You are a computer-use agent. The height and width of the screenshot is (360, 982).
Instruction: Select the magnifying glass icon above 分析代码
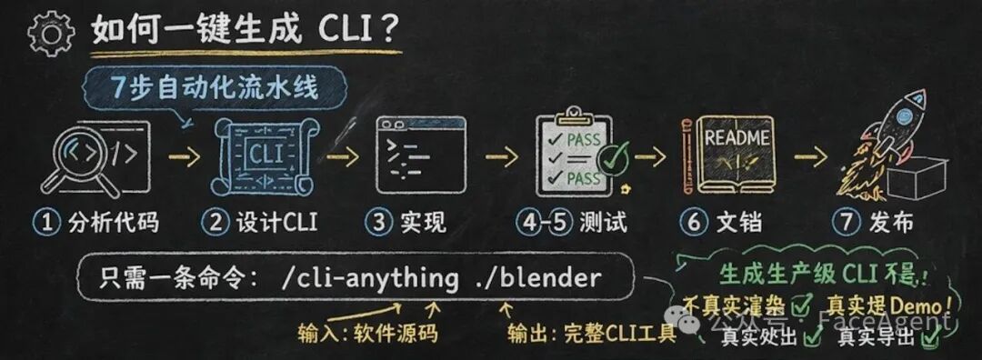(80, 157)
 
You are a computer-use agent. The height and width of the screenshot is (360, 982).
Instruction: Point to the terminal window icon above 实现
(419, 156)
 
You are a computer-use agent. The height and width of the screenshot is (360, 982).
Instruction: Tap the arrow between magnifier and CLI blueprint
(185, 156)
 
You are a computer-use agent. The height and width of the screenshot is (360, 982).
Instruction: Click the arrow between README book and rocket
(810, 156)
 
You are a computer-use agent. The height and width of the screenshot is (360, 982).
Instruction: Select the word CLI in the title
(341, 32)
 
